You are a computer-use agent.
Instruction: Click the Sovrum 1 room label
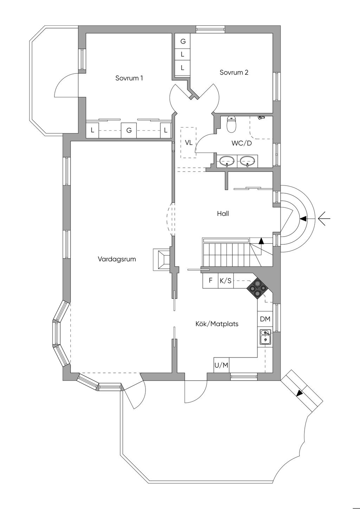(x=129, y=78)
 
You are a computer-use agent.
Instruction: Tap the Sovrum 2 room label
(x=234, y=72)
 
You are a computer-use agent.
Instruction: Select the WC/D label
(x=242, y=143)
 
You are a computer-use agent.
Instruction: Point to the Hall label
(x=223, y=213)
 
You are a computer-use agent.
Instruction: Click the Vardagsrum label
(x=117, y=259)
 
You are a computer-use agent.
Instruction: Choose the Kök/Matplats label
(x=217, y=324)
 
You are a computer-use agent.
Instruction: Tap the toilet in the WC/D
(x=231, y=124)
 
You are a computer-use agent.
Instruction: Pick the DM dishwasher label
(x=265, y=319)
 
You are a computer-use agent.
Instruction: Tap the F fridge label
(x=211, y=281)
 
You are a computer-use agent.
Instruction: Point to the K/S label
(x=226, y=281)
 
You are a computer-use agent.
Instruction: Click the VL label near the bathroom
(x=188, y=143)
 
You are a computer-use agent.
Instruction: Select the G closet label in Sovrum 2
(x=183, y=41)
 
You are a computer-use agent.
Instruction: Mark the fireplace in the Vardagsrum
(x=161, y=259)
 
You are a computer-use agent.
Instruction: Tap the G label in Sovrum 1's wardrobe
(x=129, y=130)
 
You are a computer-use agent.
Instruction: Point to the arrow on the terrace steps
(x=300, y=393)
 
